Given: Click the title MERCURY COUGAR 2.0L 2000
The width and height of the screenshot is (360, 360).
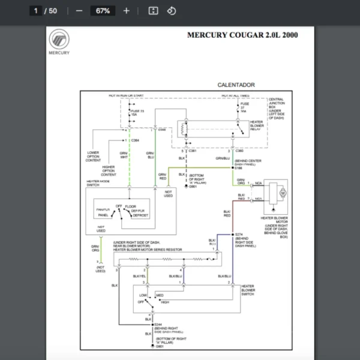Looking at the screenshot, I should point(242,35).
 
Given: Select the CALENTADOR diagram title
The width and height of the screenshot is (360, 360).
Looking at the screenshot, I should point(236,85).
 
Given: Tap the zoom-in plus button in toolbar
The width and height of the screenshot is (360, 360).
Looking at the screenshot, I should point(126,11).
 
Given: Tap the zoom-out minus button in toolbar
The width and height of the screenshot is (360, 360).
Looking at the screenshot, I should point(79,11).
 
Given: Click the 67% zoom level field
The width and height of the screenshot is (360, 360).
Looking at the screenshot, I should point(103,11).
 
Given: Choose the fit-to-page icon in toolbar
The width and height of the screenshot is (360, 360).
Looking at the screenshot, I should point(152,11).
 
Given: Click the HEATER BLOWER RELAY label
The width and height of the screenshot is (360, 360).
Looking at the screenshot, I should point(257,125).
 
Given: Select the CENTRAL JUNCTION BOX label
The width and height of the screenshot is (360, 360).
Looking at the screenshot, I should point(277,109).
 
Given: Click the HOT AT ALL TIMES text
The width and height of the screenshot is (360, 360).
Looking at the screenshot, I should point(236,95).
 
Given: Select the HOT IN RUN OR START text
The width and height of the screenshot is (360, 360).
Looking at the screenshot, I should point(126,95).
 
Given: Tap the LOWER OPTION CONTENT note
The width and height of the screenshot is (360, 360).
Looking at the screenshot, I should point(94,157).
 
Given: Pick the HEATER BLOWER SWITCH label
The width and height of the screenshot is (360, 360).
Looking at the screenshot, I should point(248,290).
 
